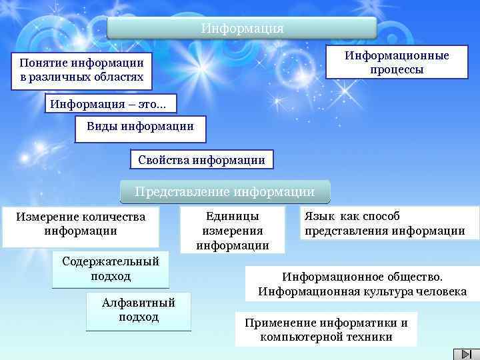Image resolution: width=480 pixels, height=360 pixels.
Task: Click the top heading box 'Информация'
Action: [242, 29]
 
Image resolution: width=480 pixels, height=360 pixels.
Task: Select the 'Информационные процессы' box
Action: [397, 63]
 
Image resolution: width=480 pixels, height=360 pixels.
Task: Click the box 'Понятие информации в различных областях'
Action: [81, 71]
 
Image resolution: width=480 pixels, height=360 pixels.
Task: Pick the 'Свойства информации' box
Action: [201, 160]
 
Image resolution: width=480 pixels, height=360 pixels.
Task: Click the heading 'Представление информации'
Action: [225, 192]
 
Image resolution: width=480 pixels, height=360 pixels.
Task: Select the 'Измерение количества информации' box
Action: [81, 225]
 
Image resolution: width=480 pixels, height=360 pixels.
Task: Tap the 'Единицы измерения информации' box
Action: [233, 231]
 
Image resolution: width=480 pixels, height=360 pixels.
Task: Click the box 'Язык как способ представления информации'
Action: [389, 223]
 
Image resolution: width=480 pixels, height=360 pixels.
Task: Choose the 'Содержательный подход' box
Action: [111, 268]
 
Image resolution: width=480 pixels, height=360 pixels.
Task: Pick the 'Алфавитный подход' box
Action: [139, 310]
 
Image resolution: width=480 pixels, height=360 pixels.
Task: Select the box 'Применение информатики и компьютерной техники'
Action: [326, 329]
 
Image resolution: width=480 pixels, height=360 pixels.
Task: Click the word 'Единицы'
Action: [233, 217]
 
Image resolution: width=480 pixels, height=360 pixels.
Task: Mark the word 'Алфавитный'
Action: [139, 303]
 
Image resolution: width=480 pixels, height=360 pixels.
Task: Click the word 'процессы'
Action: [397, 69]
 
